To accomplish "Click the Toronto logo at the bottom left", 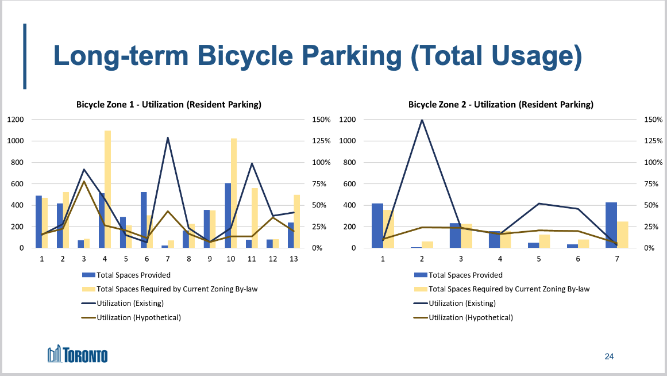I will (78, 355).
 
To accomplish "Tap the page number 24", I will (609, 356).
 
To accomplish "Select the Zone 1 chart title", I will (169, 105).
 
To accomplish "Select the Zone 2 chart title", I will (500, 105).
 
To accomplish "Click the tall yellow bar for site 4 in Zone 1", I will (107, 189).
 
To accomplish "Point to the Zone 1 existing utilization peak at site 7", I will (167, 138).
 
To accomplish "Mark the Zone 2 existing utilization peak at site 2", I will (422, 120).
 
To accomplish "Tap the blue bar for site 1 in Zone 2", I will (377, 225).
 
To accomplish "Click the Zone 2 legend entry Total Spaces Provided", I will (465, 275).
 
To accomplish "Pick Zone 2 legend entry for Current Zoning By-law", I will (509, 289).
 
